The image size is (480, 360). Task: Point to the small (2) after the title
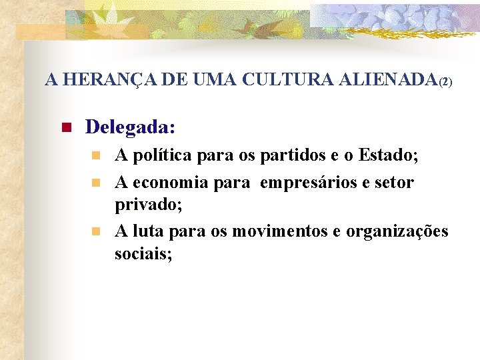(x=446, y=83)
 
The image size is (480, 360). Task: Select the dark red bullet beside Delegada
(x=65, y=127)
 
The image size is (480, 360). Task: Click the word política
(x=160, y=157)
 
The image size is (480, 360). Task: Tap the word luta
(x=148, y=231)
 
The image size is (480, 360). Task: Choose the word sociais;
(x=143, y=253)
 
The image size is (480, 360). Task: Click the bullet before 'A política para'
(x=95, y=157)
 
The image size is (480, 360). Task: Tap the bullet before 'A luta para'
(x=95, y=231)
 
